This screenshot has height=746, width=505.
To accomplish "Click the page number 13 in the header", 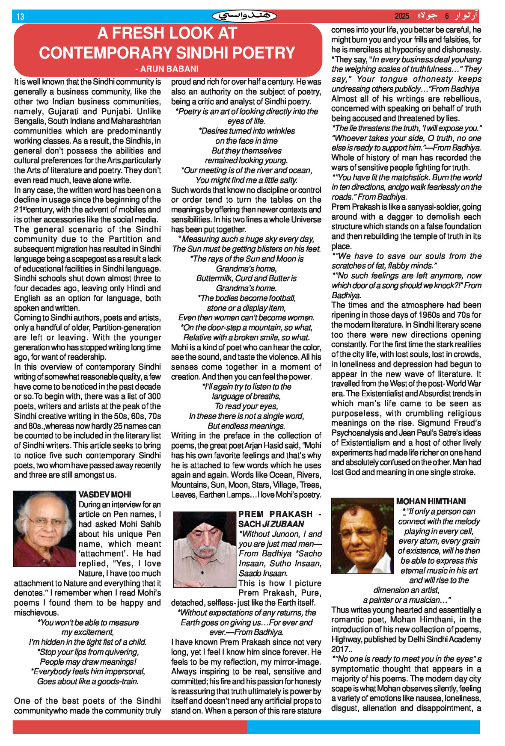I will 20,17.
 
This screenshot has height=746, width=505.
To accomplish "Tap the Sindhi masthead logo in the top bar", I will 244,16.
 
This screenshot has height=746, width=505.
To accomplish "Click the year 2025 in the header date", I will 402,16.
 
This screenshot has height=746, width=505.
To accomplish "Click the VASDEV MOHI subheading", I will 105,494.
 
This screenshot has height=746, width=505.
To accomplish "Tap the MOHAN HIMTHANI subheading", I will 431,501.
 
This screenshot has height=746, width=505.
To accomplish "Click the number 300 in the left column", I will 154,397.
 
